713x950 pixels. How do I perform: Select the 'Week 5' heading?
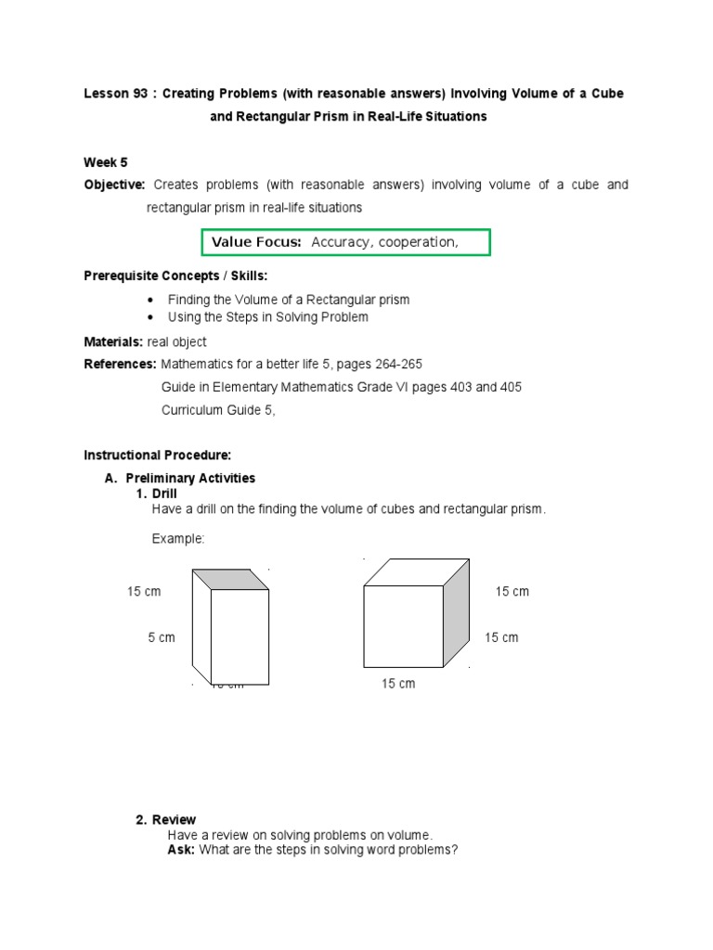106,162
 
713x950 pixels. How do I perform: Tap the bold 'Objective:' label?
114,185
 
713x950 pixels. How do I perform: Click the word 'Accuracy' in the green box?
340,242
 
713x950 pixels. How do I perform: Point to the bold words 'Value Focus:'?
256,242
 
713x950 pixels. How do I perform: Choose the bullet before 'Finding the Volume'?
151,300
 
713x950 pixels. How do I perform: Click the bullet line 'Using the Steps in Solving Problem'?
267,317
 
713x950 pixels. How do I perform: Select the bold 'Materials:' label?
113,342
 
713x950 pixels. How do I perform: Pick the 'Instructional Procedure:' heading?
157,456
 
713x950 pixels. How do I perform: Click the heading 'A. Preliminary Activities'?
180,478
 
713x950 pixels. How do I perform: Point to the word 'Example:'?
177,539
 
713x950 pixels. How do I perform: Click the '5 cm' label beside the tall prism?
161,638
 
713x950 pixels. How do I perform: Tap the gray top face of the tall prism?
230,579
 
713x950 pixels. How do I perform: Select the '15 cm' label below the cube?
398,684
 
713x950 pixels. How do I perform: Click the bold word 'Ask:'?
180,850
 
